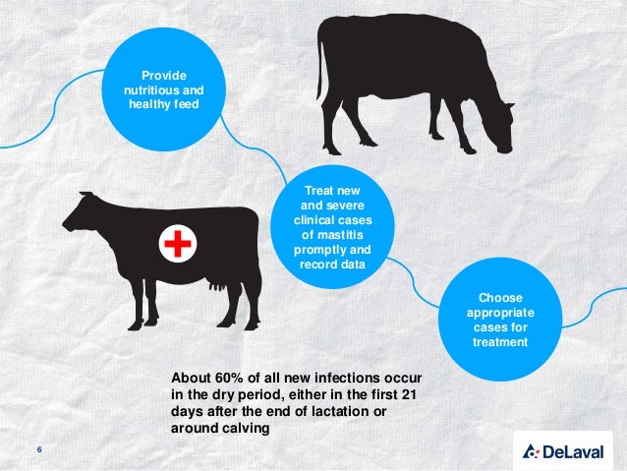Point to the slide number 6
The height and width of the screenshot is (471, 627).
click(x=39, y=450)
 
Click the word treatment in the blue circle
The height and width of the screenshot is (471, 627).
click(x=500, y=341)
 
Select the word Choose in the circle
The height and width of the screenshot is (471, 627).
click(x=500, y=297)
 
